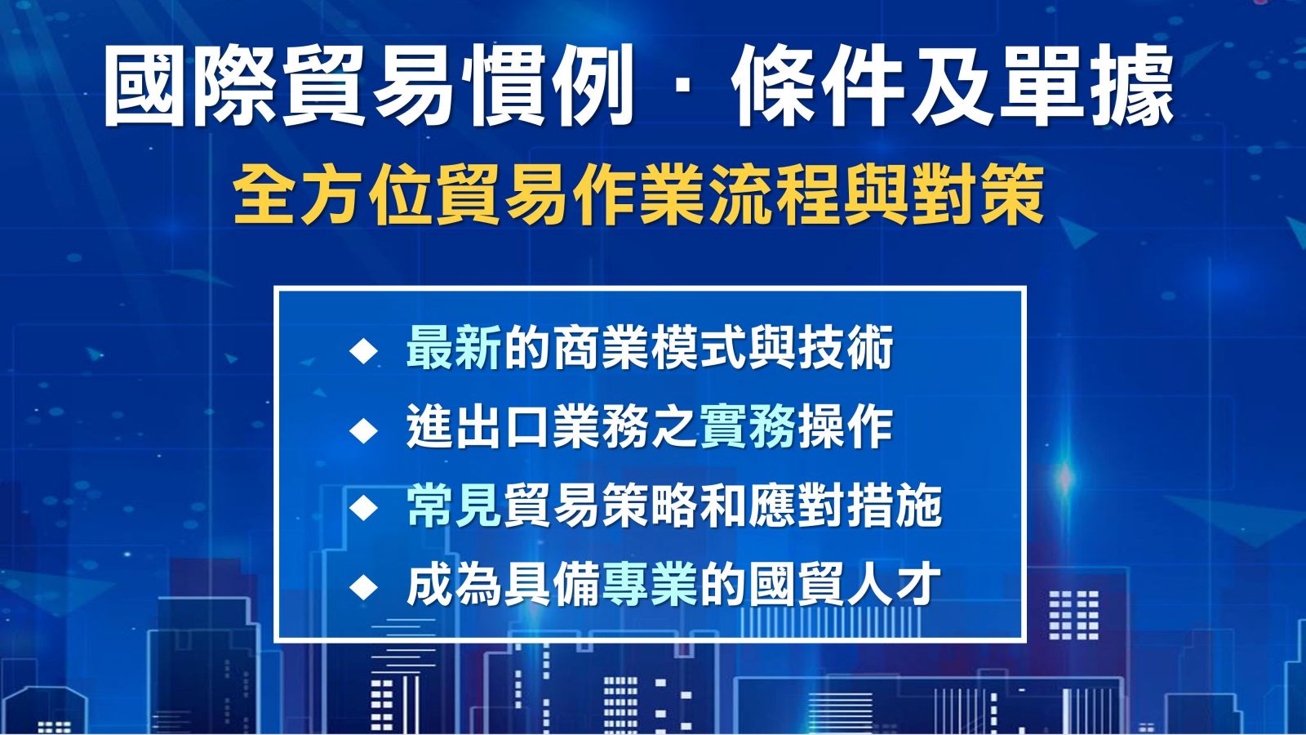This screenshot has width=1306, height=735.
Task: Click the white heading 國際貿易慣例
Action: [x=367, y=86]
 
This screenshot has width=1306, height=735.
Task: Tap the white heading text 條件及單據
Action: [x=953, y=86]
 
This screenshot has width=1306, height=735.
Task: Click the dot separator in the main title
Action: [x=682, y=87]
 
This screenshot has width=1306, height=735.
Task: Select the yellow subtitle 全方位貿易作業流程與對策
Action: [x=638, y=195]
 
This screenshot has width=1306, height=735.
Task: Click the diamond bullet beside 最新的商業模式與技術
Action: [x=364, y=350]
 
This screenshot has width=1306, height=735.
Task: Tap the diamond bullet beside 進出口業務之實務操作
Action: [x=364, y=430]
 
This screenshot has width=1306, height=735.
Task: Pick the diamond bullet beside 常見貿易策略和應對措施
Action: [x=364, y=508]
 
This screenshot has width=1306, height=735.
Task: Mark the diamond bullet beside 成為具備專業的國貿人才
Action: [x=364, y=586]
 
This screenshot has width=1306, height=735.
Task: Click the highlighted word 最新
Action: [x=454, y=348]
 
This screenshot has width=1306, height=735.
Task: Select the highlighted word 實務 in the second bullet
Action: [x=748, y=428]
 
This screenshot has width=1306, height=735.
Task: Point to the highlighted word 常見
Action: [x=454, y=506]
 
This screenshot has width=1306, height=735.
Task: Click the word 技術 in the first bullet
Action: [x=846, y=348]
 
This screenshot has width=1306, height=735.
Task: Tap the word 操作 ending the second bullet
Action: [x=846, y=428]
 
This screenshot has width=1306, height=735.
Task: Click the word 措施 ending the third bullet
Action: [x=895, y=506]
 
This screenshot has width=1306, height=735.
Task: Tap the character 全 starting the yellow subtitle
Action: [x=265, y=195]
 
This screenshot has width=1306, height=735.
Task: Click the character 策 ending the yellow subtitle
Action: [x=1011, y=195]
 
